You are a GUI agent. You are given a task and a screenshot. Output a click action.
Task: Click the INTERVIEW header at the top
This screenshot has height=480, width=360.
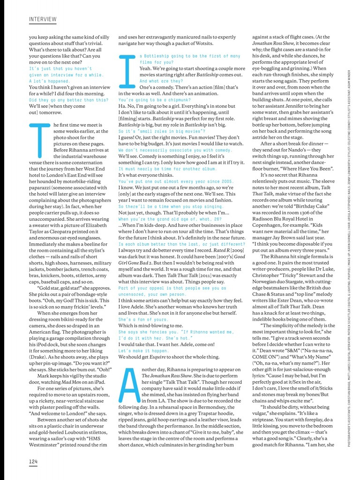click(x=43, y=19)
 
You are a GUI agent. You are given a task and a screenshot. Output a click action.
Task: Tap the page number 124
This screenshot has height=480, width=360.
click(x=33, y=462)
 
